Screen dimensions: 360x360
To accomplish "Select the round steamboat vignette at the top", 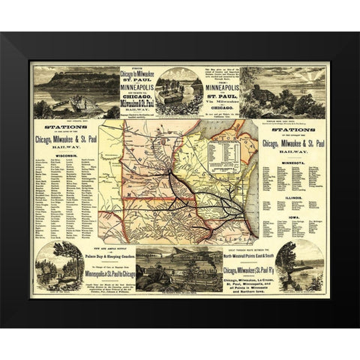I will coord(178,88).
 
